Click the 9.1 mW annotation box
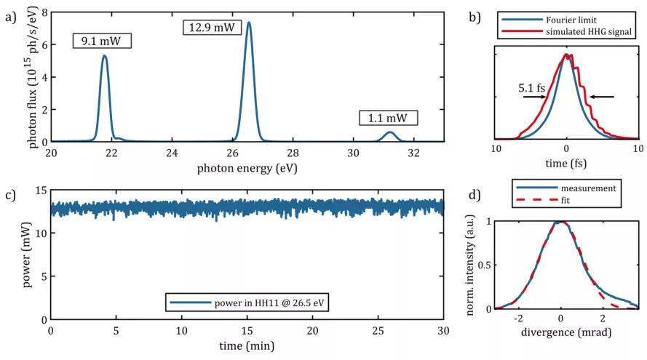[102, 41]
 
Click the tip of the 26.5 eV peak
[249, 23]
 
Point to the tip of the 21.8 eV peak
[105, 56]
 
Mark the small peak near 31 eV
[390, 132]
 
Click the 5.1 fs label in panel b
[531, 87]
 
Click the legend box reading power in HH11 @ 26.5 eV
[247, 302]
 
